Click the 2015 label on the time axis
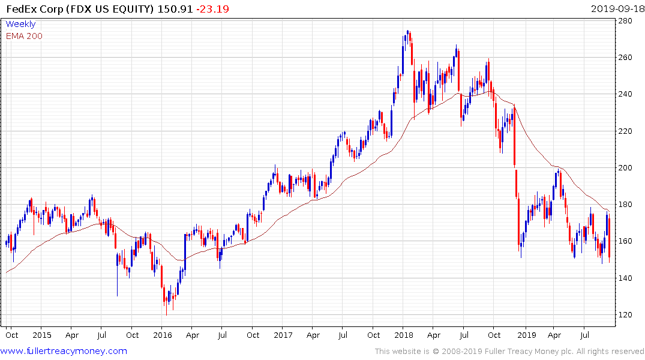point(41,335)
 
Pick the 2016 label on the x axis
point(163,335)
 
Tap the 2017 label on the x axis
point(284,335)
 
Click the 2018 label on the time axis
point(404,335)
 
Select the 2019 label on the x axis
point(526,335)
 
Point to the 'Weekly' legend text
point(20,24)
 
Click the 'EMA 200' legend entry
point(24,36)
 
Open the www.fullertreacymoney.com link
point(64,351)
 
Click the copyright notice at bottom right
point(509,351)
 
